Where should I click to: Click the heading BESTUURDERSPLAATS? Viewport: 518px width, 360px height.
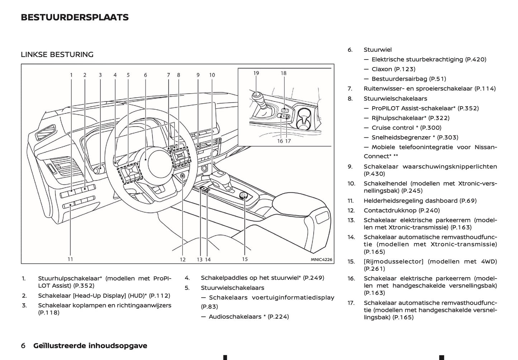[x=75, y=17]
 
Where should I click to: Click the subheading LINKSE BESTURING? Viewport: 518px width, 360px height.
[x=57, y=55]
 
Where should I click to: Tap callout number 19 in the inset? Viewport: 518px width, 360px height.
[x=256, y=73]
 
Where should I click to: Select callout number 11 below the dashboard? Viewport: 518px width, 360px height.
[x=70, y=259]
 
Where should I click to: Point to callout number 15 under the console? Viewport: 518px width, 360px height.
[x=244, y=259]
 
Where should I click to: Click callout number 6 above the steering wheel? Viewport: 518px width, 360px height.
[x=146, y=75]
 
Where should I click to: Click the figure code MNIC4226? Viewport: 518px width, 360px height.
[x=321, y=260]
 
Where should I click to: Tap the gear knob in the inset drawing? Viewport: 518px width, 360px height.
[x=257, y=96]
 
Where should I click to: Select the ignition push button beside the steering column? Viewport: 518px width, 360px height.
[x=183, y=176]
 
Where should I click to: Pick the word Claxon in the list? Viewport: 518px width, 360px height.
[x=381, y=69]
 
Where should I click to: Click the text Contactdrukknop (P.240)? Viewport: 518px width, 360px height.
[x=401, y=210]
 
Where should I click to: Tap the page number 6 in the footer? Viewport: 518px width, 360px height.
[x=23, y=346]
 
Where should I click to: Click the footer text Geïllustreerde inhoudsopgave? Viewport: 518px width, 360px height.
[x=90, y=346]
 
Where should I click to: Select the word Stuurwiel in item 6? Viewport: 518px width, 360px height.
[x=377, y=50]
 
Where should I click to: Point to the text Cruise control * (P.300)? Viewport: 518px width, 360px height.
[x=406, y=128]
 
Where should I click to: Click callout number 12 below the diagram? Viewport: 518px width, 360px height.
[x=183, y=260]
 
